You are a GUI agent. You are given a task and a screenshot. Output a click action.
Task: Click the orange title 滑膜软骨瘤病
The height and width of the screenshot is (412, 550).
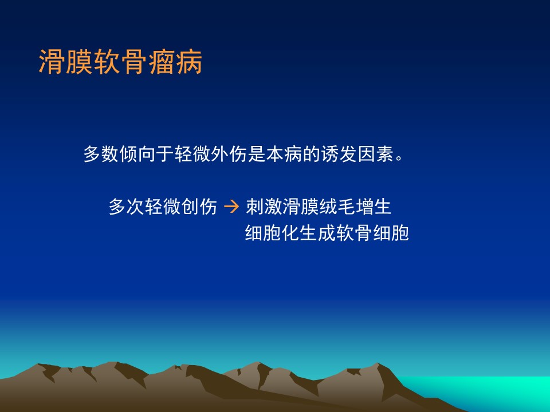(x=120, y=62)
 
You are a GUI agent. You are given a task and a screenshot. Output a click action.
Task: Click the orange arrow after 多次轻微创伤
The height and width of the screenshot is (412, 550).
(x=231, y=206)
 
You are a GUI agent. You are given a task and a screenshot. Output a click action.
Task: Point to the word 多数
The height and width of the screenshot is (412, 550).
(x=101, y=154)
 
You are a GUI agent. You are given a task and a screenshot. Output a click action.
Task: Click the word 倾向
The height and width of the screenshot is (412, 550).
(x=138, y=154)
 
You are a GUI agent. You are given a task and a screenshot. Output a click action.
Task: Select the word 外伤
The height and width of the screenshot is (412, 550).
(x=229, y=154)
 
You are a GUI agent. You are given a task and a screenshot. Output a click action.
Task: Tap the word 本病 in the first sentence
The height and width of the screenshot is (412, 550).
(x=284, y=154)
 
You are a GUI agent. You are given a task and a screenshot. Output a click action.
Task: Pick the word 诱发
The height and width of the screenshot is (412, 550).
(x=339, y=154)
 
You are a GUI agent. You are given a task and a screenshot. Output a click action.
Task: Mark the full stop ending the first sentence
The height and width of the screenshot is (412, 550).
(x=399, y=158)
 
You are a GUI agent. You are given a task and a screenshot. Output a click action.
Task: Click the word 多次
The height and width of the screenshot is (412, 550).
(x=127, y=207)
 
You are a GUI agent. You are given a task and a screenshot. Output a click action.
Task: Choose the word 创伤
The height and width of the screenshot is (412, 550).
(x=199, y=207)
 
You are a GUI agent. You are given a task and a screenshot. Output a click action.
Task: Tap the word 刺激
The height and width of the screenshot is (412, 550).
(x=264, y=207)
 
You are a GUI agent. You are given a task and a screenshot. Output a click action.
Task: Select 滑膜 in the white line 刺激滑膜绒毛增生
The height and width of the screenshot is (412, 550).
(x=300, y=207)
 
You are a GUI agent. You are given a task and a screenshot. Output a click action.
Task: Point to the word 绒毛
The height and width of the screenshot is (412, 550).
(x=337, y=207)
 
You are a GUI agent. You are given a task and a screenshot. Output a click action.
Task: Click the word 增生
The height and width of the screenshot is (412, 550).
(x=373, y=207)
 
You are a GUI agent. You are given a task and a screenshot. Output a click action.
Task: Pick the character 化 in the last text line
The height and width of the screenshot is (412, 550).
(x=290, y=233)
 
